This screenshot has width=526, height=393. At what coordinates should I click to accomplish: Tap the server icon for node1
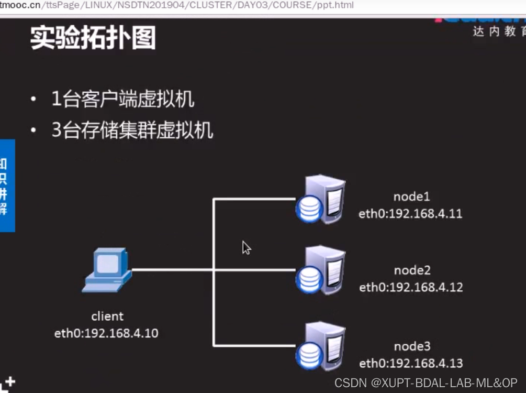[320, 200]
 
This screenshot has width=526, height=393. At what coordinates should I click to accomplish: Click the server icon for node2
[320, 270]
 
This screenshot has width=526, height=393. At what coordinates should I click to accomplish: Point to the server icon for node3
[320, 346]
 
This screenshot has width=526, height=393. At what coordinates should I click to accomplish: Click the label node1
[411, 196]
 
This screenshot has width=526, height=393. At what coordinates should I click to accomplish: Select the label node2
[412, 270]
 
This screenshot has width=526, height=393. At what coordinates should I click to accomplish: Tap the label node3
[412, 346]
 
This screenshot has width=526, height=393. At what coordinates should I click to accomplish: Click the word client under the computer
[107, 316]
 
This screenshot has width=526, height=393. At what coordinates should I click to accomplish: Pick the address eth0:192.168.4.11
[410, 214]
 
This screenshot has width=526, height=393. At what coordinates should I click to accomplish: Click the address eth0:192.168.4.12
[411, 287]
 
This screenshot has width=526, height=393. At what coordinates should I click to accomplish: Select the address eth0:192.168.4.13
[411, 363]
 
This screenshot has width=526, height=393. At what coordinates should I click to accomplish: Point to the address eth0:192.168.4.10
[106, 333]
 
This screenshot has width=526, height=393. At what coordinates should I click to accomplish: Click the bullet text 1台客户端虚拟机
[123, 99]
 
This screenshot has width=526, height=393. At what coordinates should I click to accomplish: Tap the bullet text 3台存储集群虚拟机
[132, 130]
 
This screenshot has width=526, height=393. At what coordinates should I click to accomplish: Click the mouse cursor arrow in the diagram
[245, 247]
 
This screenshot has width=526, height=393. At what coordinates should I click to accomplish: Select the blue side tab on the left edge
[7, 185]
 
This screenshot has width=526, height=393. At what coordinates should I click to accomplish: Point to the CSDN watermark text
[426, 383]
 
